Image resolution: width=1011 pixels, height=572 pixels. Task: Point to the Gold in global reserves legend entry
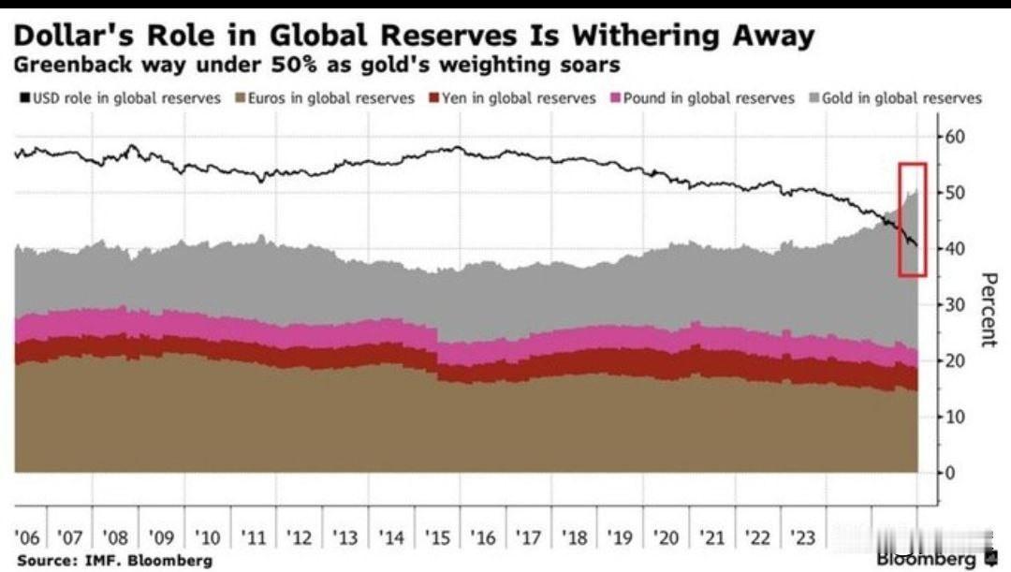click(x=901, y=97)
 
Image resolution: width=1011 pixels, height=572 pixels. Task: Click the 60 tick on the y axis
click(x=956, y=137)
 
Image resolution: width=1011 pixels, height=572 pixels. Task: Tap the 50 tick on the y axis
click(x=956, y=193)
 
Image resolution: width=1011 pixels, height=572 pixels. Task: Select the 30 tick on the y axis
click(x=956, y=305)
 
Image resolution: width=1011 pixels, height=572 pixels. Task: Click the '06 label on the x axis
click(x=27, y=538)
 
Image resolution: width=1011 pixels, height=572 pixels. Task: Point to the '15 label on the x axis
click(x=436, y=538)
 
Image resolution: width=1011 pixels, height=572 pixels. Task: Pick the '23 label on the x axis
click(x=802, y=538)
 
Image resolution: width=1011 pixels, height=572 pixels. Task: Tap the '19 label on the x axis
click(x=619, y=538)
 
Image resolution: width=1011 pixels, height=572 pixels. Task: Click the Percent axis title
click(x=988, y=310)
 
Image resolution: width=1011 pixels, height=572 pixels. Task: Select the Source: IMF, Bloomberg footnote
click(x=114, y=560)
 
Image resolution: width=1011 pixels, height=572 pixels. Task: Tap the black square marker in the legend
click(x=24, y=97)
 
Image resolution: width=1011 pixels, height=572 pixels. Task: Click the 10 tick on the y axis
click(x=956, y=417)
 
